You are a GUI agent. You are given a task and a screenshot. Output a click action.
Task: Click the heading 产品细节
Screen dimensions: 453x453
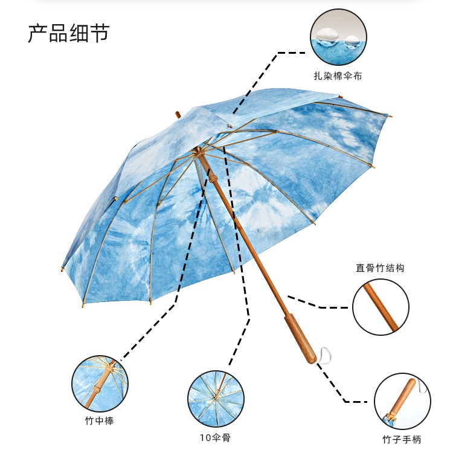(68, 33)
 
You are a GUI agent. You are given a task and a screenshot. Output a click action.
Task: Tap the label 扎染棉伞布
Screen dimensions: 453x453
(338, 76)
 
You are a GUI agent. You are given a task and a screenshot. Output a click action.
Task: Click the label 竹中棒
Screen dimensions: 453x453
(99, 420)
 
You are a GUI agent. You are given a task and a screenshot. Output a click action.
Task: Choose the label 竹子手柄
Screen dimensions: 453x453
(402, 439)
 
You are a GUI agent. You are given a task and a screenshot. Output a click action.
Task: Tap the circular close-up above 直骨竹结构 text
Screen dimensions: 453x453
(380, 306)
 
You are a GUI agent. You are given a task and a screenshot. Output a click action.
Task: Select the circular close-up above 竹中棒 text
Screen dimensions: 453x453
(99, 382)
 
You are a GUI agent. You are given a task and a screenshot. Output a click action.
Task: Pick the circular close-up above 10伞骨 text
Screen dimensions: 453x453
(216, 399)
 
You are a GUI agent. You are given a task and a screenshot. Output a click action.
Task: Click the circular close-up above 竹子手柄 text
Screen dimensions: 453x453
(402, 401)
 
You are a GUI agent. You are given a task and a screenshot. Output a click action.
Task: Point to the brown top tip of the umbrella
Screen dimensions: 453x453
(178, 114)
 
